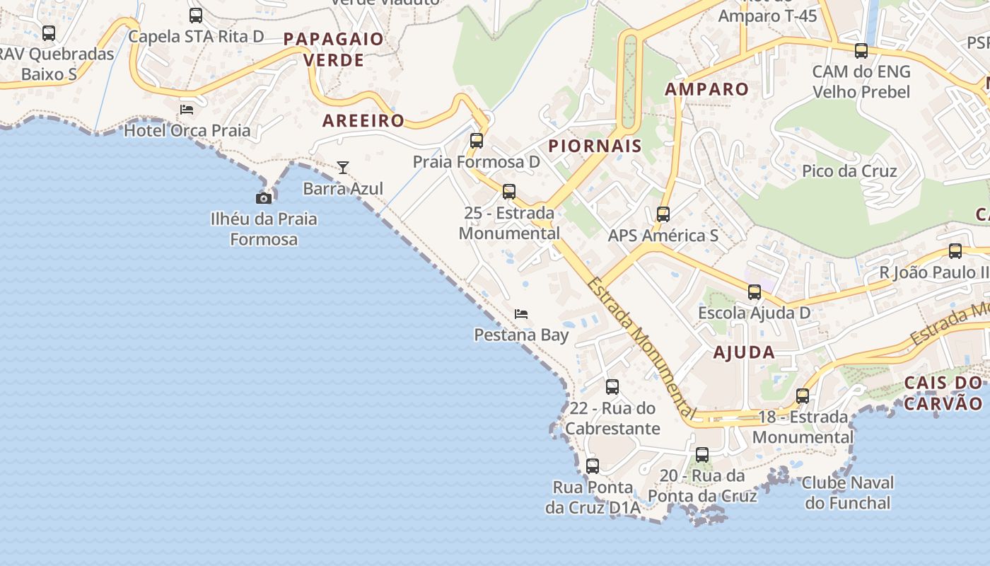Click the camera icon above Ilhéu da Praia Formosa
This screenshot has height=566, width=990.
click(264, 198)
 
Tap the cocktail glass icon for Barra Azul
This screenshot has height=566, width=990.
click(343, 168)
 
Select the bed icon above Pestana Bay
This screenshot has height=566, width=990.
click(521, 313)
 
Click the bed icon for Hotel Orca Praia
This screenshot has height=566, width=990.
click(187, 109)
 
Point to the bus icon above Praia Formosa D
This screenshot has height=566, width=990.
click(477, 141)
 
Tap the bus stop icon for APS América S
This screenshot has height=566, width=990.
click(663, 214)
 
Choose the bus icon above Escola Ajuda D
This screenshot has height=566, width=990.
click(755, 292)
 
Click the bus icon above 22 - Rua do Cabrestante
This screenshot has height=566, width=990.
click(612, 387)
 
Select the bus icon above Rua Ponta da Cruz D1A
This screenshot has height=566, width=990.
click(593, 466)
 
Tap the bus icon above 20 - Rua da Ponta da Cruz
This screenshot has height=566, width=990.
click(702, 455)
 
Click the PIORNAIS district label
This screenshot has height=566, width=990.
click(595, 146)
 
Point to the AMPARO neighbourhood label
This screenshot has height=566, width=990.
click(706, 89)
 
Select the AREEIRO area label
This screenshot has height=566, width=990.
click(363, 120)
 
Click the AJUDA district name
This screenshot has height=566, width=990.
click(744, 352)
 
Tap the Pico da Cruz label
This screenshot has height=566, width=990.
click(849, 171)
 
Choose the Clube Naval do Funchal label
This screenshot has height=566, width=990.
click(848, 493)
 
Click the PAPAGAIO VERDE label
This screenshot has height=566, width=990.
click(334, 50)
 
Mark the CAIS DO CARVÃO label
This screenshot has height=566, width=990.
click(944, 393)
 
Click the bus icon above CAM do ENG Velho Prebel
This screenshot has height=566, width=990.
click(861, 51)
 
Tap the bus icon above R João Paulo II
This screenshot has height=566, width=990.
click(955, 251)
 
